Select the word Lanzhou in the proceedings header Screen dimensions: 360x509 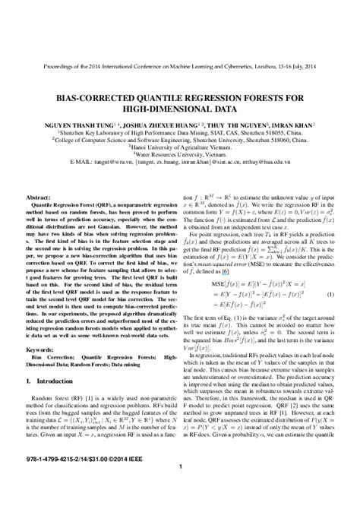tap(251, 67)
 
